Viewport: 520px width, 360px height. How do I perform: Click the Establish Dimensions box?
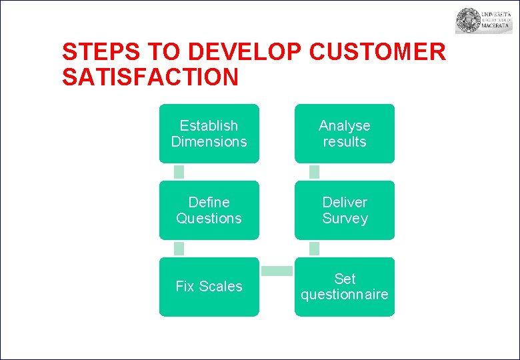(x=209, y=133)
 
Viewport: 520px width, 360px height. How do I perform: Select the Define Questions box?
(x=209, y=210)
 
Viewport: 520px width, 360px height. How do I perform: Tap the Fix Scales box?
(x=209, y=287)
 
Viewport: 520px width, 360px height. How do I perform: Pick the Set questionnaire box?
(x=345, y=287)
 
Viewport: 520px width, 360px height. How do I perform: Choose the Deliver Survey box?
(x=345, y=210)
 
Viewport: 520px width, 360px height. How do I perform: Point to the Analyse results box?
(x=345, y=133)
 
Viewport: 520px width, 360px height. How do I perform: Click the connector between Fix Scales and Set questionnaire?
(x=277, y=271)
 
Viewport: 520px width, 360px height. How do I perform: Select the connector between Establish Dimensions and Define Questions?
(x=179, y=172)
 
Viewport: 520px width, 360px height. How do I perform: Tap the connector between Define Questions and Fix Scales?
(x=179, y=249)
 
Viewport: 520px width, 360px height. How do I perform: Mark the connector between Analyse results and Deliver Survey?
(x=315, y=172)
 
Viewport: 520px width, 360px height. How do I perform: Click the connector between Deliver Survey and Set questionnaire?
(x=315, y=249)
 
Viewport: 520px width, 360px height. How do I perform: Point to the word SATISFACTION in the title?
(x=150, y=77)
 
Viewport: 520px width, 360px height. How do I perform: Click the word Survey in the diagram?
(x=345, y=219)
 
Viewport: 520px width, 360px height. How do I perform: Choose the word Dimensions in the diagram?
(x=209, y=142)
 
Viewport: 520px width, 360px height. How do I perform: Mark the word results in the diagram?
(x=345, y=142)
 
